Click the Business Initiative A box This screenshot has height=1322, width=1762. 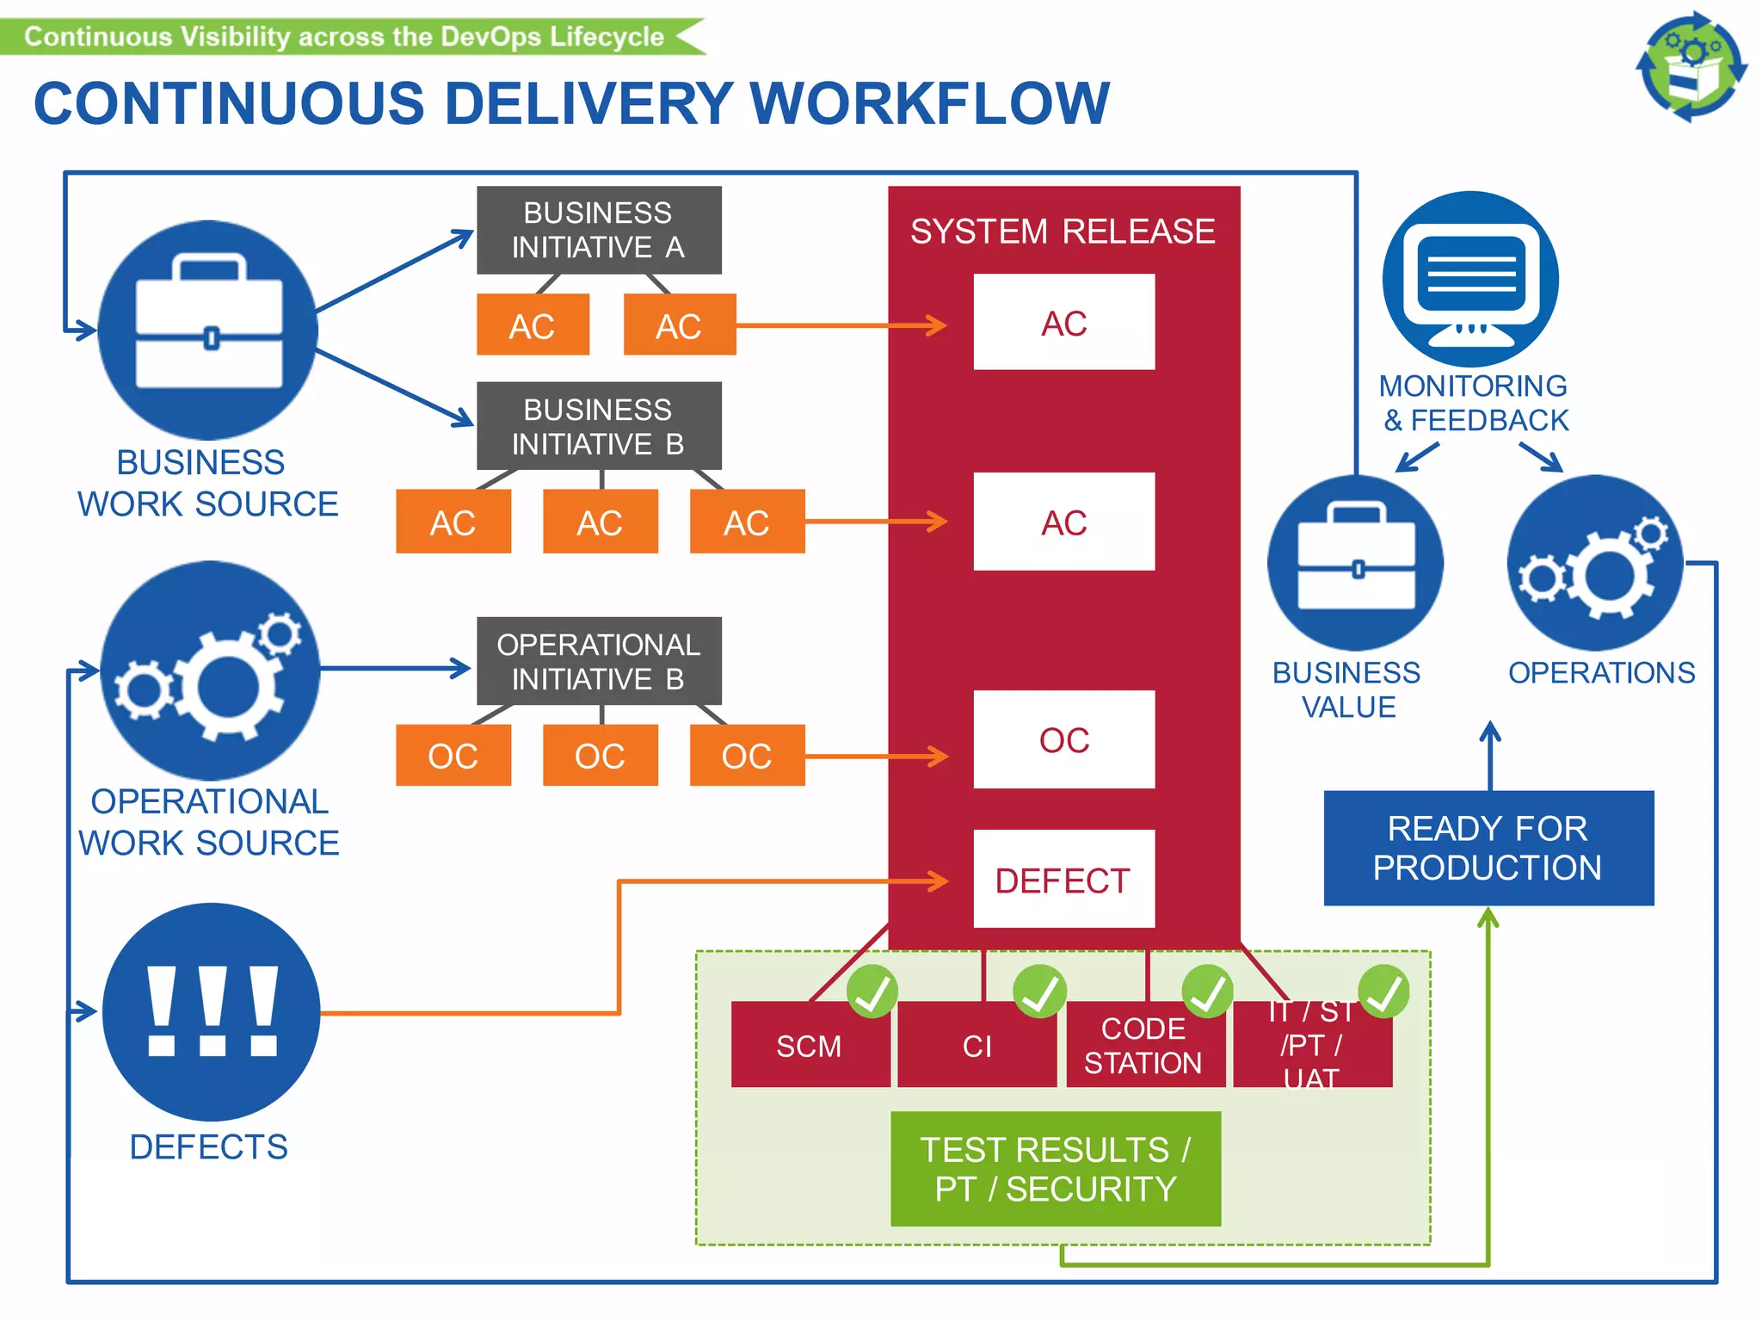coord(599,230)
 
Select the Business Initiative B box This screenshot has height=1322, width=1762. coord(599,426)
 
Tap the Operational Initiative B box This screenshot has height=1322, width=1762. coord(599,661)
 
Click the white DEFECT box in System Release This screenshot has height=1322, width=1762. coord(1063,880)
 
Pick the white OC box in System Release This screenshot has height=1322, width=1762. coord(1063,739)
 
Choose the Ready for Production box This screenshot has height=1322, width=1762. coord(1488,848)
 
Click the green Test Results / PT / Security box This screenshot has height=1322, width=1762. coord(1056,1169)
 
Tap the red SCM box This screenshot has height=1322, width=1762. coord(810,1046)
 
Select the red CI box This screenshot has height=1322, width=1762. coord(976,1046)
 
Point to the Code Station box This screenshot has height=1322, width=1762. coord(1144,1046)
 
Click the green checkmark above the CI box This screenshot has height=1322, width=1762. coord(1039,991)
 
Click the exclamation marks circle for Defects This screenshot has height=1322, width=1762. coord(211,1012)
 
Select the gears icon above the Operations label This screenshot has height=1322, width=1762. coord(1594,563)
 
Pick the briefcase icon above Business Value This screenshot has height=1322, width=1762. coord(1356,563)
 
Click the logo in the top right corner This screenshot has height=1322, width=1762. coord(1691,67)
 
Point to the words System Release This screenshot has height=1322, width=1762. coord(1063,232)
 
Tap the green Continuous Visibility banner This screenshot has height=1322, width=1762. coord(344,37)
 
